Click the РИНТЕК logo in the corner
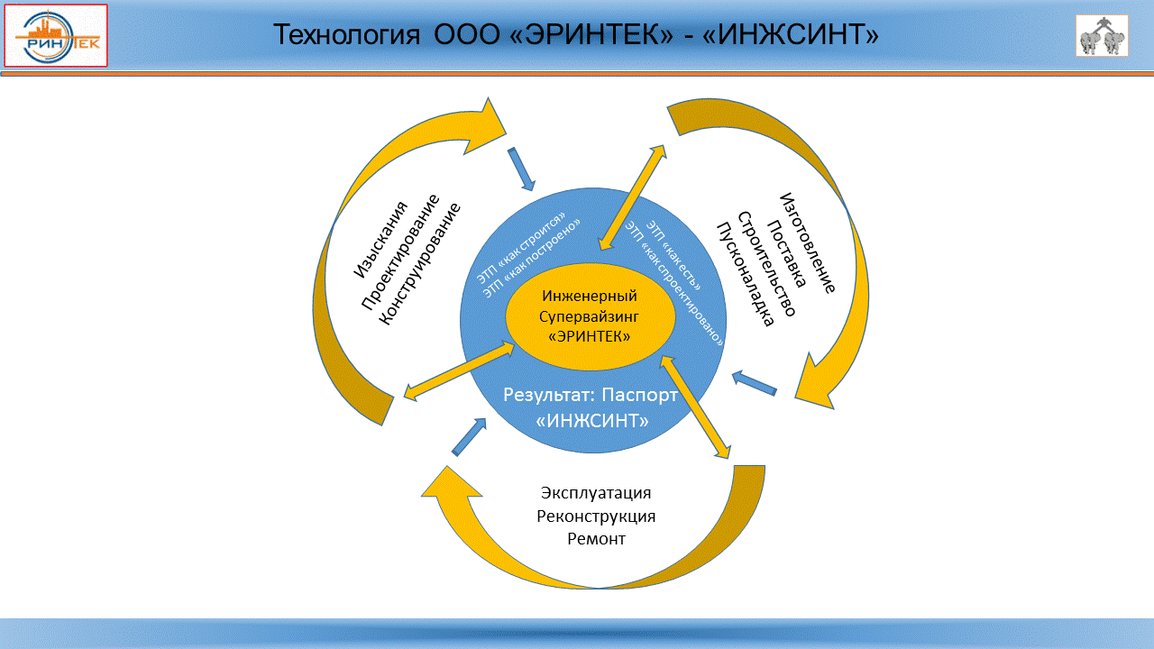pyautogui.click(x=56, y=36)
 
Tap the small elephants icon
pyautogui.click(x=1102, y=36)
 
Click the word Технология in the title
pyautogui.click(x=347, y=35)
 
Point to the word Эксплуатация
pyautogui.click(x=596, y=493)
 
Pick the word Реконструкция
pyautogui.click(x=596, y=516)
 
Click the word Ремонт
pyautogui.click(x=596, y=539)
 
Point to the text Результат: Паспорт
pyautogui.click(x=590, y=395)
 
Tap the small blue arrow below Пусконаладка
pyautogui.click(x=754, y=383)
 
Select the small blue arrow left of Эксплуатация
pyautogui.click(x=468, y=437)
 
